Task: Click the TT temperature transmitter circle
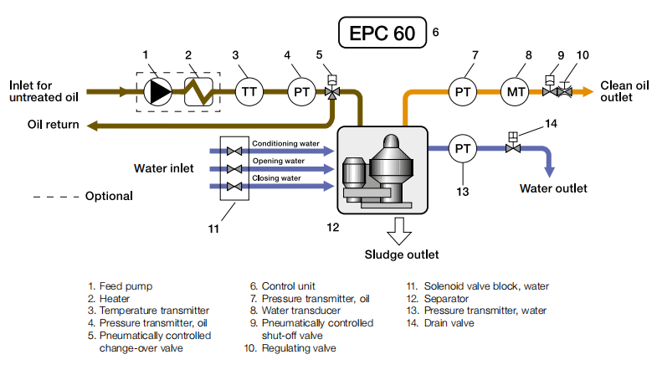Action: point(248,90)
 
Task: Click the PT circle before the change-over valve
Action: point(301,90)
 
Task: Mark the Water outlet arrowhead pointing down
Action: point(551,172)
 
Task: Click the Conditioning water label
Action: point(288,142)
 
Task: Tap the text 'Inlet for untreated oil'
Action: point(44,90)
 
